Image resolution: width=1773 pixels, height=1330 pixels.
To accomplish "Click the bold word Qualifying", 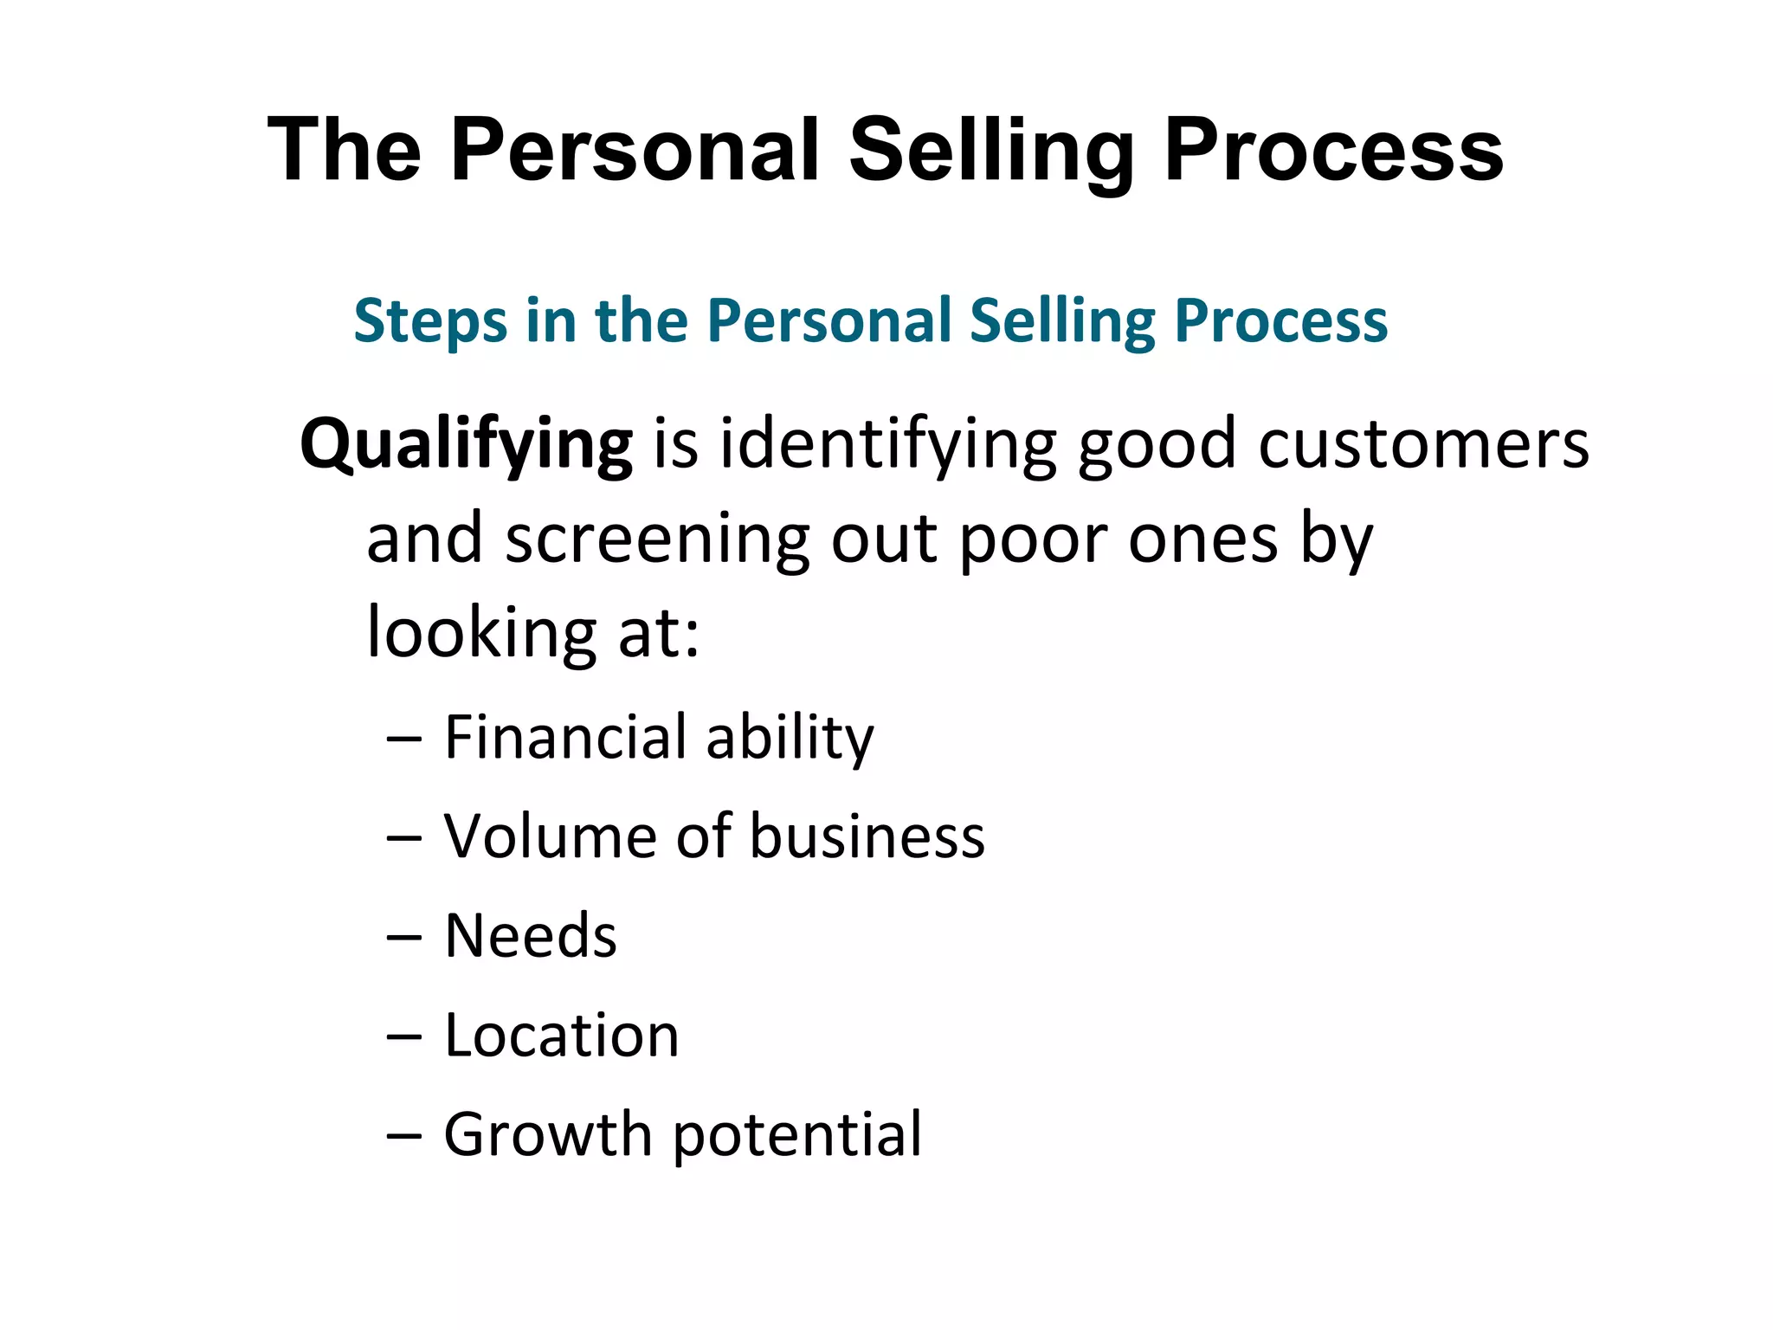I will (x=466, y=445).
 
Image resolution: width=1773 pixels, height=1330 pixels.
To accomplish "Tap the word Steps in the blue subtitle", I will (x=430, y=321).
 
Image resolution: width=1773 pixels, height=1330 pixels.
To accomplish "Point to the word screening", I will (x=657, y=539).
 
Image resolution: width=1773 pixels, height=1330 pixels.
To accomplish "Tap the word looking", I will (x=481, y=633).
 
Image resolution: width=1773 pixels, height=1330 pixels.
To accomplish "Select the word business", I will (x=867, y=837).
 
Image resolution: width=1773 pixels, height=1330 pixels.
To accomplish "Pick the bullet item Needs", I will (x=530, y=937).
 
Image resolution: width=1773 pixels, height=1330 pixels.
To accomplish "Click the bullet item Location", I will (x=561, y=1036).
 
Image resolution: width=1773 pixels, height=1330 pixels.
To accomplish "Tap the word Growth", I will (x=547, y=1135).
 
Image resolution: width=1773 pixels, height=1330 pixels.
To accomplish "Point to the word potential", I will (x=796, y=1137).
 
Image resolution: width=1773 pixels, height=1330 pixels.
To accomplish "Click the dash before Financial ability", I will (x=404, y=740).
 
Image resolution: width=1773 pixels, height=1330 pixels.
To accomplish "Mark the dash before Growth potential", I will (x=404, y=1137).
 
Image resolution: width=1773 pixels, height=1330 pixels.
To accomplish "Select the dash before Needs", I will (x=404, y=939).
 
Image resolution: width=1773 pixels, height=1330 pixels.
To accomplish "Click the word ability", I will (x=789, y=739).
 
